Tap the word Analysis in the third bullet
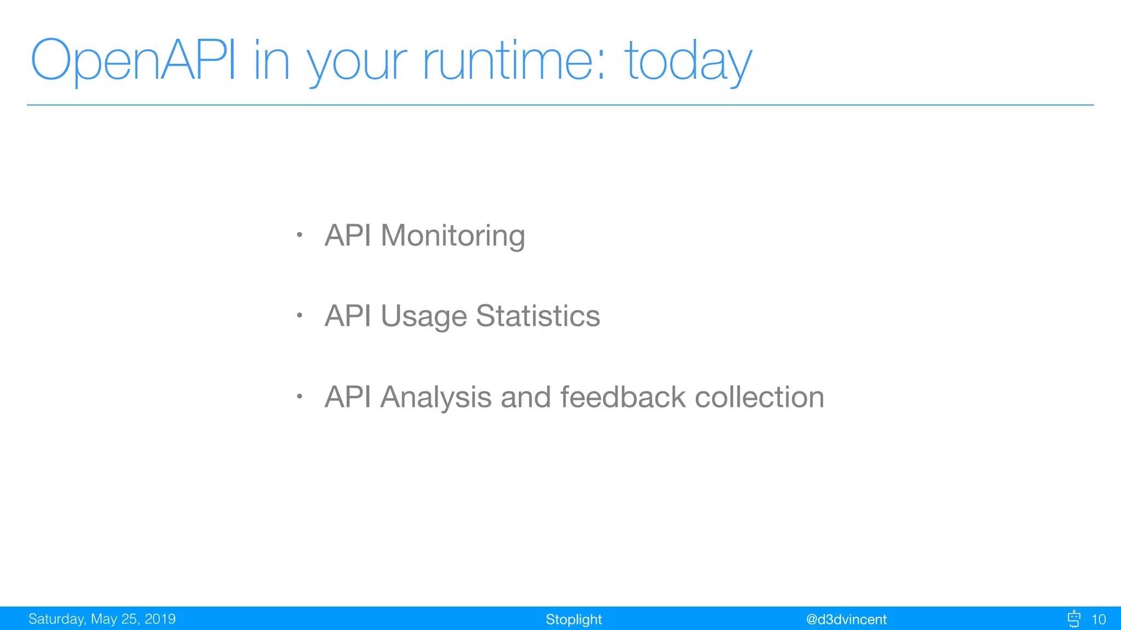click(436, 397)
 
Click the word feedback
click(622, 397)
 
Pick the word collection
click(759, 397)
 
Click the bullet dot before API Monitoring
click(299, 235)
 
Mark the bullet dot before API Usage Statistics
click(299, 316)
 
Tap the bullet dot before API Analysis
click(299, 396)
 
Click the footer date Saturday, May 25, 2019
click(102, 619)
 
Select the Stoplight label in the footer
click(573, 620)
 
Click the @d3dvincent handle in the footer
click(846, 620)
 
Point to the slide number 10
click(1098, 620)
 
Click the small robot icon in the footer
click(1074, 619)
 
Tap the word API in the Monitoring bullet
click(348, 236)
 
